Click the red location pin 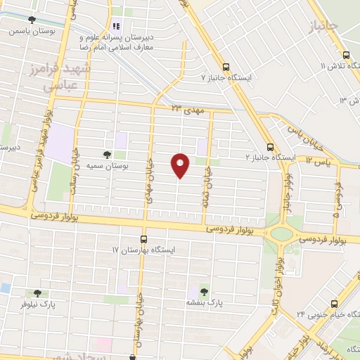click(x=181, y=166)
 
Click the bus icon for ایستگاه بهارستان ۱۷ click(x=144, y=239)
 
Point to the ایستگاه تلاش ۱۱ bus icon click(x=345, y=55)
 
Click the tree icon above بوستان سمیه click(x=107, y=154)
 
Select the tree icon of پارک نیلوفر click(x=37, y=293)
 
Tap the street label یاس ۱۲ click(x=320, y=161)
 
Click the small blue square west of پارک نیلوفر click(x=5, y=288)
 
